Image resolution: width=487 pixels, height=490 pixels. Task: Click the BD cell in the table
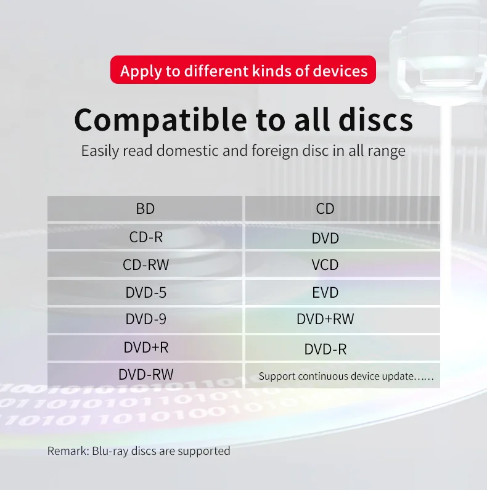pos(145,209)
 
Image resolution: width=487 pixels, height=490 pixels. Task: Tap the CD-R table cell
pos(145,237)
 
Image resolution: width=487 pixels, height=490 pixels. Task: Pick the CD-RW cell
pos(145,265)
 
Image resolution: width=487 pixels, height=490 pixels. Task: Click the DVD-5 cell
pos(145,293)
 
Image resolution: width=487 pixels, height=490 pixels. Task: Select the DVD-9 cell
pos(145,319)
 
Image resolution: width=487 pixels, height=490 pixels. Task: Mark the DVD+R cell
pos(145,348)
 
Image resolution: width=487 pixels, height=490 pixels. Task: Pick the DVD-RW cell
pos(145,374)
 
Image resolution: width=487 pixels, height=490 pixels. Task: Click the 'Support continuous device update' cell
pos(345,376)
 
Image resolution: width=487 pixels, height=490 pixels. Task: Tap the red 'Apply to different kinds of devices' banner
pos(243,70)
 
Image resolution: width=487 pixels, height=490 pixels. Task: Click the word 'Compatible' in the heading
pos(155,120)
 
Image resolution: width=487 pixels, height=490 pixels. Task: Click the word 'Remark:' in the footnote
pos(68,451)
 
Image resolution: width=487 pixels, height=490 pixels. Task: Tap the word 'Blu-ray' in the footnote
pos(113,451)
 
